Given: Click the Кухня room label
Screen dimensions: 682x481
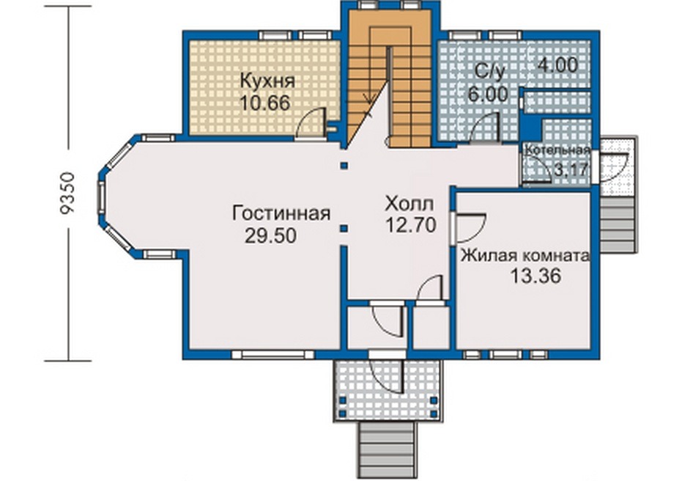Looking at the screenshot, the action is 267,81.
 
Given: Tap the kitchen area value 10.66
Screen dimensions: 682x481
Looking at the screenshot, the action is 265,103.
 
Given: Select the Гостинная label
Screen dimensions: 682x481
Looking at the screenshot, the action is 281,213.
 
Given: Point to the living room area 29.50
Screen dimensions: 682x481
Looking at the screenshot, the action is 270,235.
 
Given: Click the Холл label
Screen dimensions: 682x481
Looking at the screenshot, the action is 409,203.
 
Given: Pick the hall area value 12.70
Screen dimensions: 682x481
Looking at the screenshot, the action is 411,225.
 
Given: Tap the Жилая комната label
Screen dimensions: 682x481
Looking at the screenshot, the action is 525,255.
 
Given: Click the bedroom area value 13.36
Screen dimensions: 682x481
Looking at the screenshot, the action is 535,276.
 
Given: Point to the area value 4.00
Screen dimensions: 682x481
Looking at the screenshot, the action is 557,65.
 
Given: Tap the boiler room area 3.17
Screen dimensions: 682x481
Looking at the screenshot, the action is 571,169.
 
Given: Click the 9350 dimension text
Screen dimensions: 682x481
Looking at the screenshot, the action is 67,194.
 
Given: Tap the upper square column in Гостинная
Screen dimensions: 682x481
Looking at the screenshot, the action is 344,166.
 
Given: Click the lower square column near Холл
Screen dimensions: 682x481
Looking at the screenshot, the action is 344,228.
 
